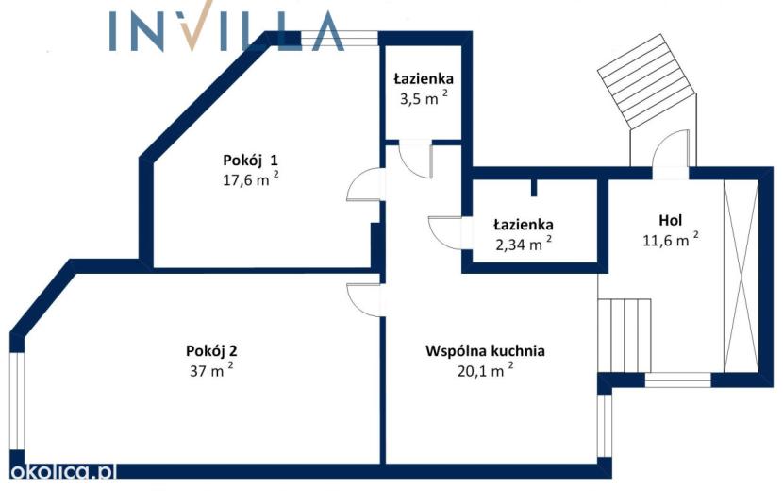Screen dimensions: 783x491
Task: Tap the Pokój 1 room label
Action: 250,161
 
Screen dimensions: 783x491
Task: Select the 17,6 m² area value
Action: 250,179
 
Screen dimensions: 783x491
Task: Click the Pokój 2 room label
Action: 211,350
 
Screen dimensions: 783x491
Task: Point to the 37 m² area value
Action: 211,370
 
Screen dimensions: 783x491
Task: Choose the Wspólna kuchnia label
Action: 485,351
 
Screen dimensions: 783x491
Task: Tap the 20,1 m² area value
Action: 486,370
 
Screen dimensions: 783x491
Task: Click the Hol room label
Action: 670,220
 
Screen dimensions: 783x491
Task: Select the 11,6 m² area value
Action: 670,240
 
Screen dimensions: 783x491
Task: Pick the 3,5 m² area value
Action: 424,98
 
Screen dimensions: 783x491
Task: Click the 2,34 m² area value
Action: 524,244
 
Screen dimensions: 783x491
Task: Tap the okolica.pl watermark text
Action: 63,472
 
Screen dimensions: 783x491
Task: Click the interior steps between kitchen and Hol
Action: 625,335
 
